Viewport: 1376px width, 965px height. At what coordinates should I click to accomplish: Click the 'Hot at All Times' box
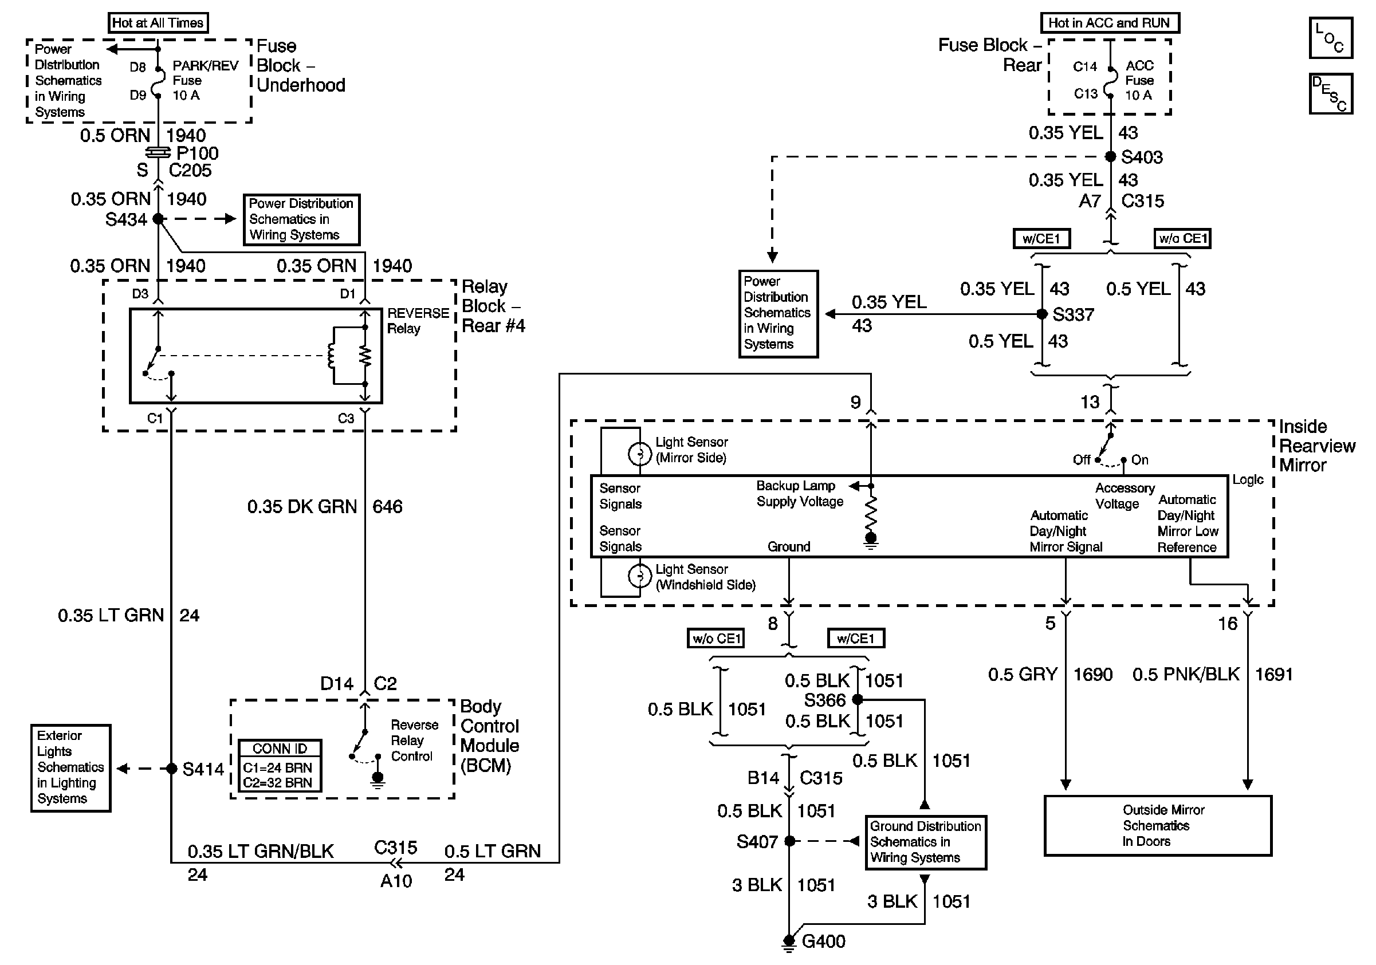(x=158, y=23)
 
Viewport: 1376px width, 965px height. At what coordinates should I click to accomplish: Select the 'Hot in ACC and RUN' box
(x=1108, y=23)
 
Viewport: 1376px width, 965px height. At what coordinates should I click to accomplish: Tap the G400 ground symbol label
(x=823, y=941)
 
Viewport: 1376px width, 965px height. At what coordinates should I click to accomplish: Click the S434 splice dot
(x=158, y=219)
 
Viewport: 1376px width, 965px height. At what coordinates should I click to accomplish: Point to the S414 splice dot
(x=171, y=768)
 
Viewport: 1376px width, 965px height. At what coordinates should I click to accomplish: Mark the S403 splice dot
(x=1110, y=156)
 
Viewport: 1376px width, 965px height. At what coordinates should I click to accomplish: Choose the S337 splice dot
(x=1042, y=314)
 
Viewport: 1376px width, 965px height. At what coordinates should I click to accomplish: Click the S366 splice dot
(x=858, y=699)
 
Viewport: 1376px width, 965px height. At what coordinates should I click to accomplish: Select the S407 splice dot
(x=790, y=841)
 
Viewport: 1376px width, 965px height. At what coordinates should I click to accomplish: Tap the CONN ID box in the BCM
(x=280, y=766)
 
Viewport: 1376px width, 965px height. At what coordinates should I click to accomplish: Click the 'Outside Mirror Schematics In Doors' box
(x=1157, y=825)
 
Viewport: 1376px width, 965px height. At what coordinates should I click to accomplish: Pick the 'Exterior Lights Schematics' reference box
(x=70, y=767)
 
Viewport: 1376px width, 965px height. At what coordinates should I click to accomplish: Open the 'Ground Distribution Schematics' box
(x=925, y=842)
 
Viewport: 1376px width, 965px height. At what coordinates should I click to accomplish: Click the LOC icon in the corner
(x=1330, y=38)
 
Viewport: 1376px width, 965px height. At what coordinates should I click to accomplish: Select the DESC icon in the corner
(x=1330, y=93)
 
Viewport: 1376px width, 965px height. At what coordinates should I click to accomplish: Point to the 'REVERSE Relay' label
(x=418, y=321)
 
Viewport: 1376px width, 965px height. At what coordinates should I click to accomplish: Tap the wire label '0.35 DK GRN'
(x=302, y=507)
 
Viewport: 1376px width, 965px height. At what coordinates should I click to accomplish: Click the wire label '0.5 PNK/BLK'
(x=1185, y=675)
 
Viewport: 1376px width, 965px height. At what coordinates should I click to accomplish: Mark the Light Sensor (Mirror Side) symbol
(x=639, y=454)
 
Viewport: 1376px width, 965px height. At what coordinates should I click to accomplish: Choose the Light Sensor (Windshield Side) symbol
(x=639, y=576)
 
